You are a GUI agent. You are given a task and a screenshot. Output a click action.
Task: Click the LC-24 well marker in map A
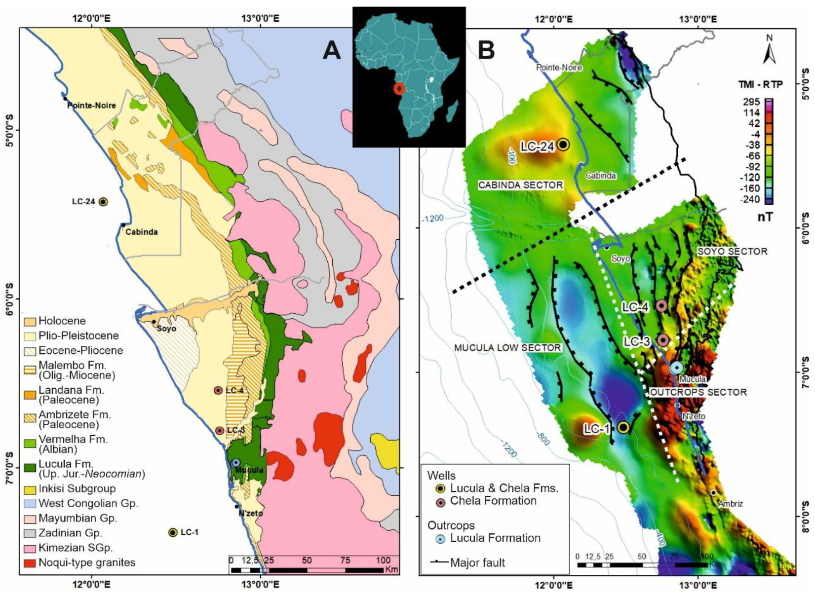(103, 201)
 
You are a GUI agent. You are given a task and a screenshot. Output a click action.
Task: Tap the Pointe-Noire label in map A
(91, 105)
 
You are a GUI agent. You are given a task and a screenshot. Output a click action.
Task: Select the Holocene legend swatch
(30, 321)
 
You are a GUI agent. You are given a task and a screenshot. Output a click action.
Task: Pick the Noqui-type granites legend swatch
(30, 563)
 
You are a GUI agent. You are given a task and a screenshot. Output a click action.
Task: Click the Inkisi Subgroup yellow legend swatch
(30, 489)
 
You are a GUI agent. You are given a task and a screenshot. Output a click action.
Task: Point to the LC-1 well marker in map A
(173, 532)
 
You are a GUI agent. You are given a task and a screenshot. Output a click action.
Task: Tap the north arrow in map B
(769, 51)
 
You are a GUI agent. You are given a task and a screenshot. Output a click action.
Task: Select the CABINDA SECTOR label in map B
(520, 185)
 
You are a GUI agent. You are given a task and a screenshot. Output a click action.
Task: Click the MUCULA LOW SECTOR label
(507, 348)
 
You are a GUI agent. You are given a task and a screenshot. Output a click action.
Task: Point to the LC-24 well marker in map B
(564, 144)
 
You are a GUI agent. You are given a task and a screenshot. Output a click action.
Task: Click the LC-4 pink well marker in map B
(662, 306)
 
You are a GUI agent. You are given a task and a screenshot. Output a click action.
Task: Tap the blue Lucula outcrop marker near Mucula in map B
(676, 368)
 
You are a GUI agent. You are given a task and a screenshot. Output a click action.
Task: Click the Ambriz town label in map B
(730, 504)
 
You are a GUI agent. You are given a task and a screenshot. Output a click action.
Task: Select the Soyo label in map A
(167, 329)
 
